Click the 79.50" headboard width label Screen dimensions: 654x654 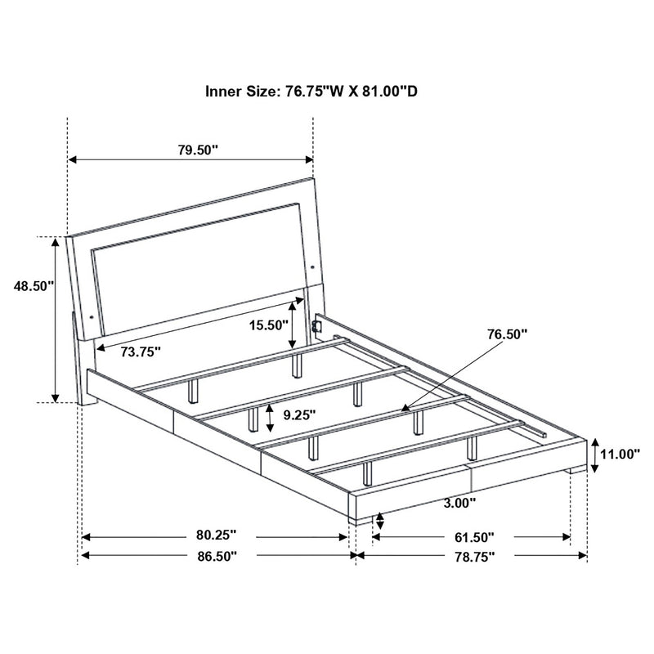pyautogui.click(x=199, y=150)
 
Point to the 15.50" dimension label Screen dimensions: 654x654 pyautogui.click(x=270, y=325)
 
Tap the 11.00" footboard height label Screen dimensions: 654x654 pyautogui.click(x=620, y=455)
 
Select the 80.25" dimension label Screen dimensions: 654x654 pyautogui.click(x=216, y=536)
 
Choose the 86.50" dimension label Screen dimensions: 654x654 pyautogui.click(x=216, y=556)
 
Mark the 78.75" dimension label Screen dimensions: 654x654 pyautogui.click(x=474, y=556)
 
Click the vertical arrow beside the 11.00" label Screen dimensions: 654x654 pyautogui.click(x=597, y=455)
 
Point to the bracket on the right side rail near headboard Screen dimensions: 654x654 pyautogui.click(x=320, y=326)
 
